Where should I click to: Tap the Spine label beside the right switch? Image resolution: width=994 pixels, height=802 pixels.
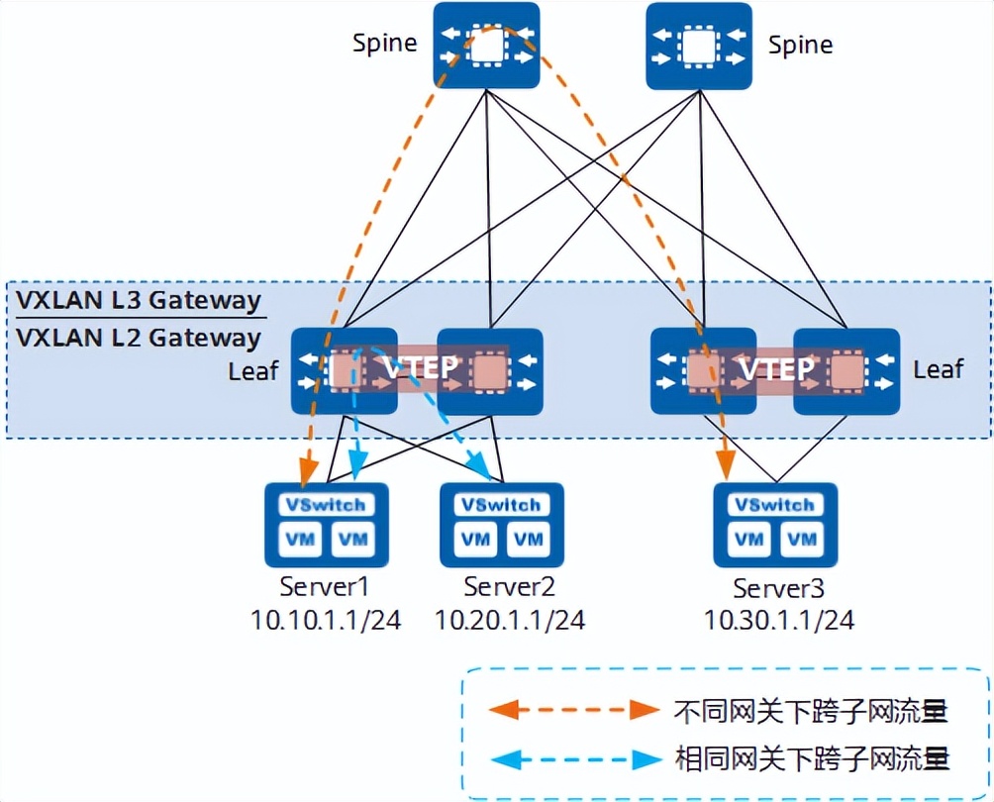pos(800,45)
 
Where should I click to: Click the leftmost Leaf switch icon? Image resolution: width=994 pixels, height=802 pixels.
pos(344,371)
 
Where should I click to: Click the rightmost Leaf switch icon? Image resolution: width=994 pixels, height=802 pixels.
pos(846,371)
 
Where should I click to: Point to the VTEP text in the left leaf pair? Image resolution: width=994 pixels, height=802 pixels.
pos(421,368)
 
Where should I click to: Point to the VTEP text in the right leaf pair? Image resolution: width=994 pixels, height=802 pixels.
pos(775,369)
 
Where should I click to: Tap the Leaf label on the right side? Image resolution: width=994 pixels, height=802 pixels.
pos(938,369)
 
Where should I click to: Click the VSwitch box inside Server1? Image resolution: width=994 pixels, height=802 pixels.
pos(325,504)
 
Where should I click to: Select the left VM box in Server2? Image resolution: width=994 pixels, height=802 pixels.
pos(476,540)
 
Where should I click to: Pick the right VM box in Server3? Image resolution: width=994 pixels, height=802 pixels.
pos(802,540)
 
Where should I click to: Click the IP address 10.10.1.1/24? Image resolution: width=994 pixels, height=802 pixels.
pos(326,620)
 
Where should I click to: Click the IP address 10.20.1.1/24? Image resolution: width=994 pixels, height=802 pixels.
pos(509,620)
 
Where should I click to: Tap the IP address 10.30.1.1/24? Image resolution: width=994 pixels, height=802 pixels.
pos(779,621)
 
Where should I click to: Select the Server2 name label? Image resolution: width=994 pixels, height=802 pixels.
pos(509,586)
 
